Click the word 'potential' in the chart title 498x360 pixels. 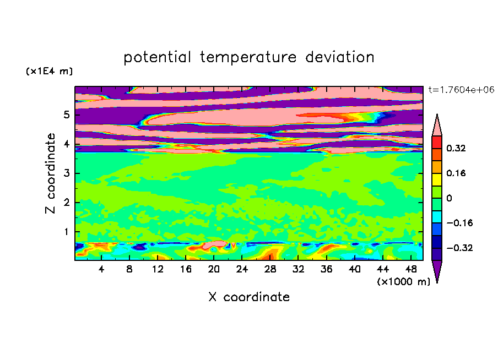(157, 58)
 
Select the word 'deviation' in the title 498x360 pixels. (339, 57)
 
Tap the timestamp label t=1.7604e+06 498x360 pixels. (461, 90)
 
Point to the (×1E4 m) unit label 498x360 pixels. (49, 71)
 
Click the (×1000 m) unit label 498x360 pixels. (404, 282)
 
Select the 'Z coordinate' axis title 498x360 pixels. (51, 173)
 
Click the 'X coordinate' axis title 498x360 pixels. (249, 297)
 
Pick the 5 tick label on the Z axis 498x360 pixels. (66, 114)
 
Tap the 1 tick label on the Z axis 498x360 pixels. (66, 232)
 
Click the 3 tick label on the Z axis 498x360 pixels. (66, 173)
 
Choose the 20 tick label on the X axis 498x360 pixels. (214, 269)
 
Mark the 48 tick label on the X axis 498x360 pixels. (411, 269)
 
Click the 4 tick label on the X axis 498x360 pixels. (101, 269)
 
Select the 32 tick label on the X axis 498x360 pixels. (298, 269)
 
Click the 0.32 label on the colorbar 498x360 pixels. (456, 148)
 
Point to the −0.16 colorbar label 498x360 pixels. (459, 223)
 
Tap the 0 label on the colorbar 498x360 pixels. (449, 198)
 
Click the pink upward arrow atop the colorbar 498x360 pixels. (437, 125)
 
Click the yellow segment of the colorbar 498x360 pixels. (437, 179)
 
